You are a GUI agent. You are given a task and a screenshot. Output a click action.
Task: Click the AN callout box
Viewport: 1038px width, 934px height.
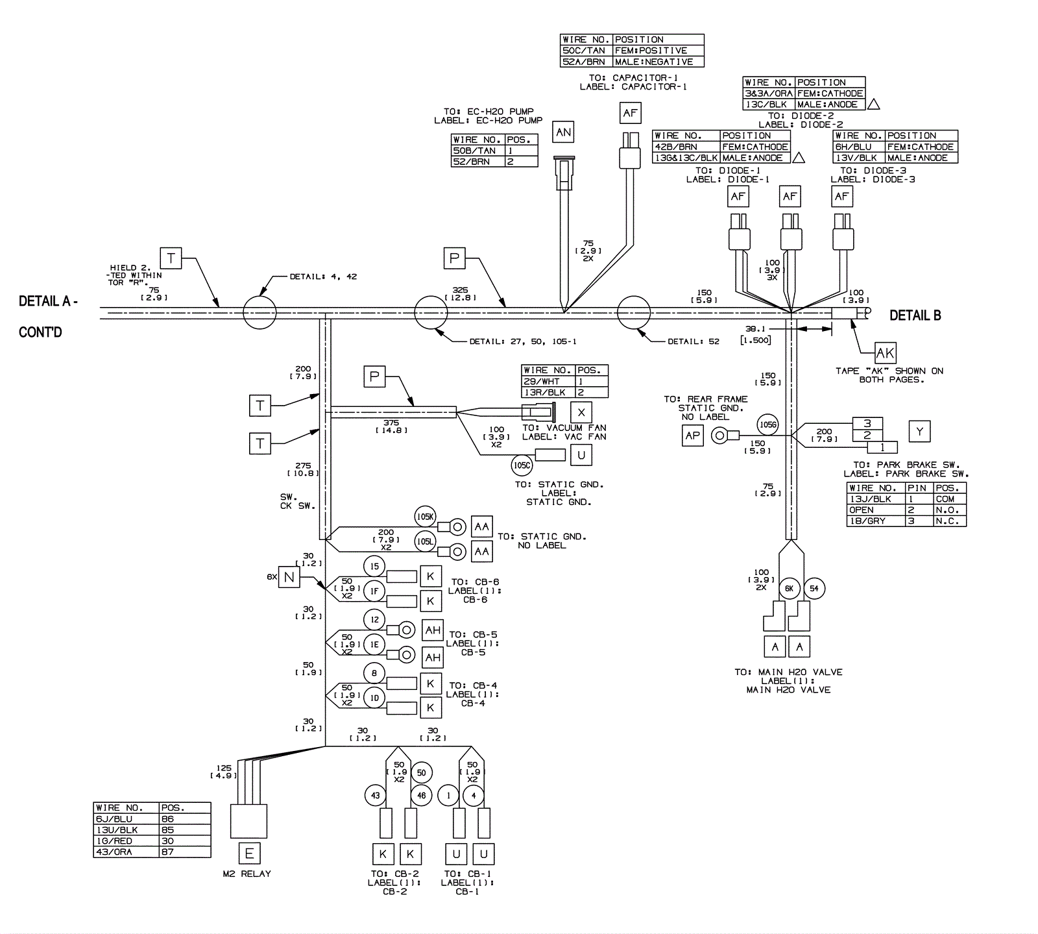(x=563, y=132)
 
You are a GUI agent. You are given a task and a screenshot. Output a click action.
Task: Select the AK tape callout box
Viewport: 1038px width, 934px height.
(x=885, y=353)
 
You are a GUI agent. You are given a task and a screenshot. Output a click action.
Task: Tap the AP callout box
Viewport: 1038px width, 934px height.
(x=693, y=436)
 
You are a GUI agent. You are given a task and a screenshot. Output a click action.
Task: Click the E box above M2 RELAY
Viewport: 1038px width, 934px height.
(x=249, y=854)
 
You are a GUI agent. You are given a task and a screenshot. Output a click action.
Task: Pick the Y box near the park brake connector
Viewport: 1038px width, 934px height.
(x=919, y=432)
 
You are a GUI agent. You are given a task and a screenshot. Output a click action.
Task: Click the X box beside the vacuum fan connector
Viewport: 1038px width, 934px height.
(x=581, y=413)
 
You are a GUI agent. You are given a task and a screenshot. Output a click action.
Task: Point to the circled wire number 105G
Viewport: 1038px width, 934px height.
(x=767, y=425)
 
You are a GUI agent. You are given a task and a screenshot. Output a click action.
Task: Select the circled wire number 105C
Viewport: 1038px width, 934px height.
(x=522, y=465)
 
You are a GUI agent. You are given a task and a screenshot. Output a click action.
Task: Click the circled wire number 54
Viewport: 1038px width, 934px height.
(x=814, y=589)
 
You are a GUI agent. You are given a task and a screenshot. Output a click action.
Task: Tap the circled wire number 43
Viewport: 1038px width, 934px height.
(x=375, y=795)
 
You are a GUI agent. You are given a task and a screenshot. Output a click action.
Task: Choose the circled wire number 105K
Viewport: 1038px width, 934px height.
(x=425, y=517)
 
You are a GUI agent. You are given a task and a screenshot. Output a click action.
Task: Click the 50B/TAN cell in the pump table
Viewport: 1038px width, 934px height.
(x=477, y=151)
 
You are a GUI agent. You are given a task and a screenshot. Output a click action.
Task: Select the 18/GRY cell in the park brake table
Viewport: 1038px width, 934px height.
(x=876, y=521)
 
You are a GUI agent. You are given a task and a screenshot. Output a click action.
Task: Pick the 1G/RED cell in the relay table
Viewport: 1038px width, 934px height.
(x=127, y=841)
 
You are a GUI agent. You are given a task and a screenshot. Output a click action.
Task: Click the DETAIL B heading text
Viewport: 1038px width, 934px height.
(x=915, y=315)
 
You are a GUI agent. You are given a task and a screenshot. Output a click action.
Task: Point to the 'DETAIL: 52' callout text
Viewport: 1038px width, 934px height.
(x=693, y=341)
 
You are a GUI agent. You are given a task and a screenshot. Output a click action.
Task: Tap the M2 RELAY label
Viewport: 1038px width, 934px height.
(x=247, y=874)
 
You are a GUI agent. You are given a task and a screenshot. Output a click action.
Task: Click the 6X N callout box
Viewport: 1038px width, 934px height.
(x=289, y=576)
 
